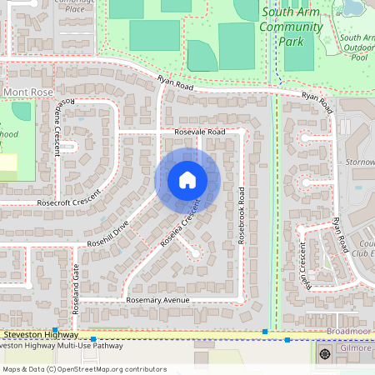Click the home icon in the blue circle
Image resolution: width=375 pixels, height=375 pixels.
pos(187,180)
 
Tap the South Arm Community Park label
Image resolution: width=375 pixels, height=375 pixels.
pos(291,27)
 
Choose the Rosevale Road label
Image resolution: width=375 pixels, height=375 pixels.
pos(200,132)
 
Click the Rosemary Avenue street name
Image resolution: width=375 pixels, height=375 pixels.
pos(157,299)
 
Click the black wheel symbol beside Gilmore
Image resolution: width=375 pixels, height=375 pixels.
pos(325,353)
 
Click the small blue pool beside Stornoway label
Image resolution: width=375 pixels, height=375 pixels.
pos(357,187)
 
